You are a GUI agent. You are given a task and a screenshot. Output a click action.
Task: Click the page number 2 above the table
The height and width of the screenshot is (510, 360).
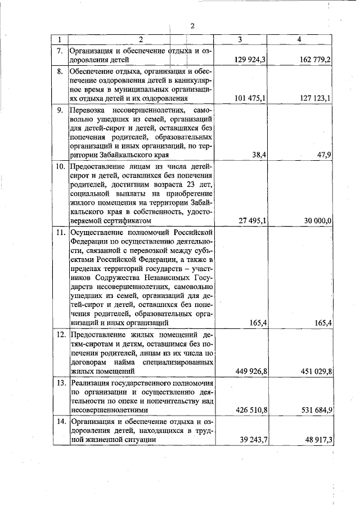[192, 26]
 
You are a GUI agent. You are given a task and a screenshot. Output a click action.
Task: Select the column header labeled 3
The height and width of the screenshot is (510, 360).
[240, 40]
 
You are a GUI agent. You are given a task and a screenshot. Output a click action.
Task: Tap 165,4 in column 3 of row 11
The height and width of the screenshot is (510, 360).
[257, 323]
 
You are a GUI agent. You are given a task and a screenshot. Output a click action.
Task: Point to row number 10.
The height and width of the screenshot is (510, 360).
[59, 167]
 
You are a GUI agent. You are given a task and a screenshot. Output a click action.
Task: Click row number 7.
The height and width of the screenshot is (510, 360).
[59, 51]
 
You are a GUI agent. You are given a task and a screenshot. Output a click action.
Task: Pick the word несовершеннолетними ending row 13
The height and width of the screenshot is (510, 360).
[107, 410]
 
